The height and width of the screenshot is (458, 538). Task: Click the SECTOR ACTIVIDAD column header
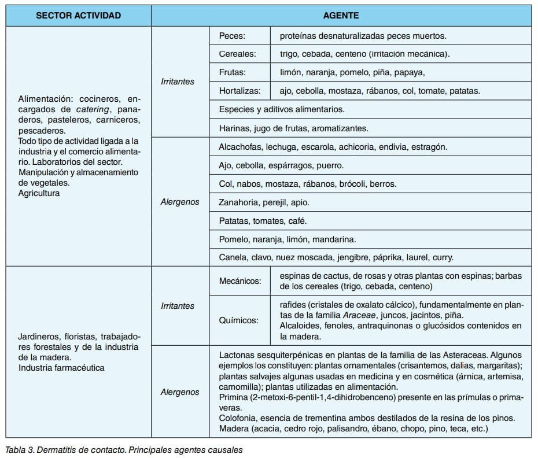(x=78, y=16)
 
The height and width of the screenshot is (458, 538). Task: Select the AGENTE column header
(x=341, y=16)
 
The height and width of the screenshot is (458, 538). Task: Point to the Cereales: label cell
(x=237, y=54)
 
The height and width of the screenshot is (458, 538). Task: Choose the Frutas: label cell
(x=233, y=72)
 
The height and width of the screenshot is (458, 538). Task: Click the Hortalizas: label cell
(x=239, y=91)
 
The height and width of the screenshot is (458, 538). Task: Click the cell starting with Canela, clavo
(x=336, y=257)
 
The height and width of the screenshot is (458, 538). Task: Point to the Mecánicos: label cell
(x=240, y=281)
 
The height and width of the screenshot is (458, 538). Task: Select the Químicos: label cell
(x=239, y=320)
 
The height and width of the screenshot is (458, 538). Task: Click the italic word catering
(x=93, y=109)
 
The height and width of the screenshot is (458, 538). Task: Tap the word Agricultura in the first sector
(x=39, y=193)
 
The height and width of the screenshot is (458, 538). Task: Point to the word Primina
(x=234, y=397)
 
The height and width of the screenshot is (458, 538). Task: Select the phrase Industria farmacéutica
(x=61, y=367)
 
